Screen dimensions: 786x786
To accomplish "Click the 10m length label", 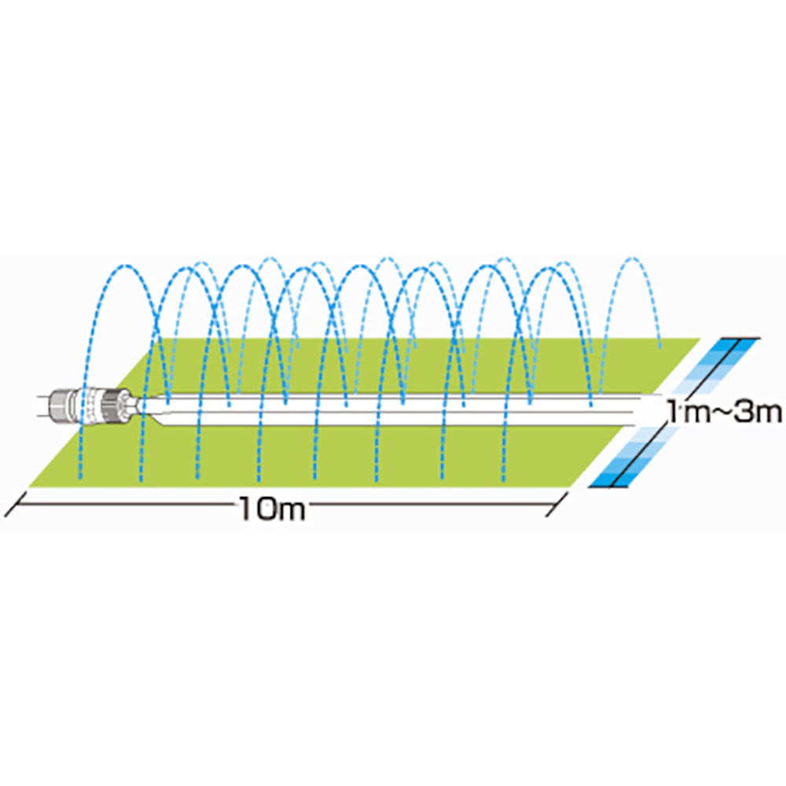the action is [273, 508].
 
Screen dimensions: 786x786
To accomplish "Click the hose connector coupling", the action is [94, 405].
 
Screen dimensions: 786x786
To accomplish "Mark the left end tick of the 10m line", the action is [14, 505].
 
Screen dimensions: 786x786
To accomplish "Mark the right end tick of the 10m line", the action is [557, 505].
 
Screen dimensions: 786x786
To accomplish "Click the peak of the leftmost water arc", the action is [125, 265].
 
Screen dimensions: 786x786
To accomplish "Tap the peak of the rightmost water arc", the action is [633, 259].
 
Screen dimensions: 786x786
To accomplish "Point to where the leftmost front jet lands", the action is [81, 478].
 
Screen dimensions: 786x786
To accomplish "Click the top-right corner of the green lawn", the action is [699, 339].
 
